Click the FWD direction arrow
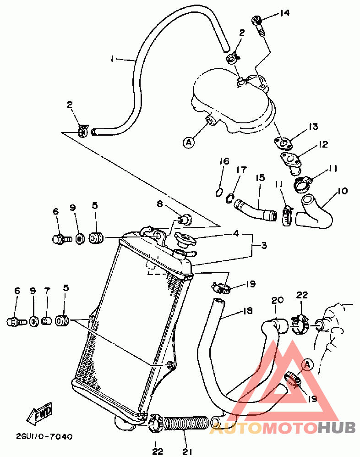click(x=39, y=413)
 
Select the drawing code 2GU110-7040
click(x=44, y=436)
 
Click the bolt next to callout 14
click(x=259, y=26)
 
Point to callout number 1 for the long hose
click(x=112, y=59)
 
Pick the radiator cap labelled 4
click(x=185, y=240)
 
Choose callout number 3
click(x=264, y=245)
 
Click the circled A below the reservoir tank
click(x=189, y=143)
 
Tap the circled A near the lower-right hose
click(x=307, y=364)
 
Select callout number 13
click(x=313, y=127)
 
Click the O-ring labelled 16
click(x=219, y=193)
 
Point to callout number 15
click(x=260, y=177)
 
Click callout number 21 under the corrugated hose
click(x=187, y=451)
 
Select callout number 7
click(x=47, y=290)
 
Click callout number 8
click(x=159, y=204)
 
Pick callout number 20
click(x=277, y=300)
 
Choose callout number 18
click(x=248, y=311)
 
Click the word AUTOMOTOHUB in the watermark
click(x=282, y=428)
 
